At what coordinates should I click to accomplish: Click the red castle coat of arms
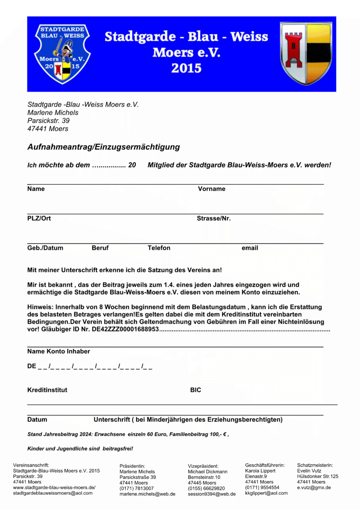(x=306, y=53)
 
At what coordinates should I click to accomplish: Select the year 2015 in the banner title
(x=186, y=68)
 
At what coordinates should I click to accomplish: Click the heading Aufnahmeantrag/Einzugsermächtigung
(x=103, y=147)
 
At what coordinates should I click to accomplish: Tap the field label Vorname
(x=211, y=189)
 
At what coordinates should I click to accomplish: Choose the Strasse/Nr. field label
(x=213, y=219)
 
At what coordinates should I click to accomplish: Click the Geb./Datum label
(x=45, y=248)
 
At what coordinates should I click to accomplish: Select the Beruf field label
(x=100, y=248)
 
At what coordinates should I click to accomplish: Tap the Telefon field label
(x=159, y=248)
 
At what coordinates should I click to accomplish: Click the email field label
(x=250, y=248)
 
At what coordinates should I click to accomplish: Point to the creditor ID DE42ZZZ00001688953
(x=125, y=329)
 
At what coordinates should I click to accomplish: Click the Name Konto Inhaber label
(x=59, y=351)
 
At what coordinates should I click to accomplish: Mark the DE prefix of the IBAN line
(x=32, y=366)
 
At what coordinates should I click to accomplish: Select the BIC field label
(x=195, y=390)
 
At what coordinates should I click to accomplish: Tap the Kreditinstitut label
(x=47, y=390)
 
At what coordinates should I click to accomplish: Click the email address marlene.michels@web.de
(x=147, y=494)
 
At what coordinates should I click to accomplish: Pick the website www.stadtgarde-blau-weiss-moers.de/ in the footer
(x=54, y=487)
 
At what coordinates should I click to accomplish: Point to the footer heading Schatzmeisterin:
(x=315, y=465)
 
